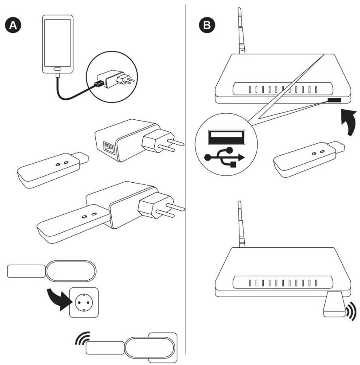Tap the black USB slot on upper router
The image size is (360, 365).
click(x=334, y=100)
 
